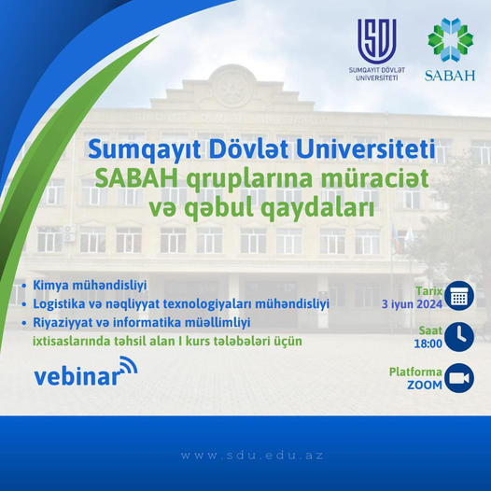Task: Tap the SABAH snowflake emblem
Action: [451, 40]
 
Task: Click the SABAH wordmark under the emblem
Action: [450, 76]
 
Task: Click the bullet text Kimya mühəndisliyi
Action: [90, 286]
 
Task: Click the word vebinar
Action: [77, 376]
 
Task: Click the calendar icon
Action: [459, 296]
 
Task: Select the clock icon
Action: [459, 337]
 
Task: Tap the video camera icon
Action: [459, 378]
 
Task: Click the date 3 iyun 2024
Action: [412, 304]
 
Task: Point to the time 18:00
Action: [428, 344]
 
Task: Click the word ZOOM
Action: [425, 386]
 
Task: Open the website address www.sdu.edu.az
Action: [252, 456]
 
